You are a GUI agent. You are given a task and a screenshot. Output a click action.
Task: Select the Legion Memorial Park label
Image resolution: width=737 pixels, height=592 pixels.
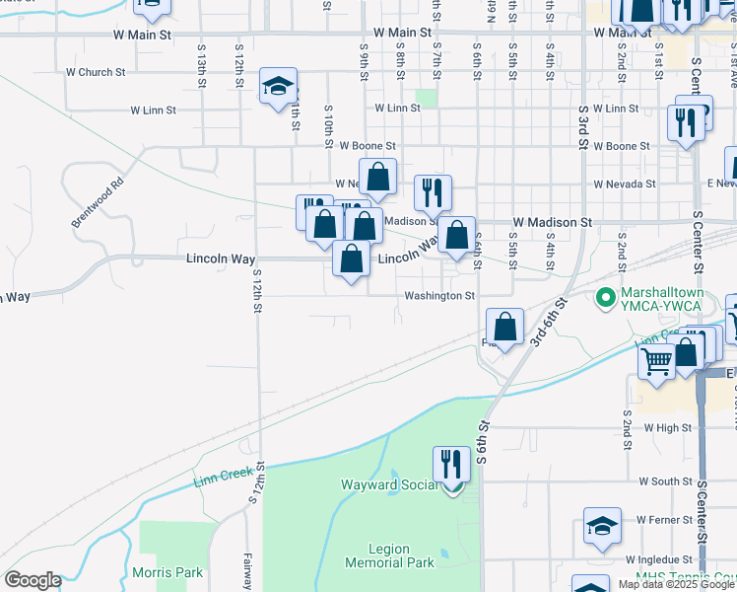[x=390, y=555]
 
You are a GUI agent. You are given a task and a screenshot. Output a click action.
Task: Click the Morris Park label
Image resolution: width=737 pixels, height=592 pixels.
[x=167, y=572]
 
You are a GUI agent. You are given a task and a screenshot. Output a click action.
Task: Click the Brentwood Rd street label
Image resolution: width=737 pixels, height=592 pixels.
[x=98, y=202]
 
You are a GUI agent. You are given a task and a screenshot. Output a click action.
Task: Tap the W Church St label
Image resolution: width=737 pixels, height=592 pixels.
[x=96, y=72]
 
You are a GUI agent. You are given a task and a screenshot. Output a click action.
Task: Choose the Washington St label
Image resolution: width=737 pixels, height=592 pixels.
[x=438, y=296]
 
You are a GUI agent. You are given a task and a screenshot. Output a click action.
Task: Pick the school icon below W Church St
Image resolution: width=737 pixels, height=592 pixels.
[x=278, y=86]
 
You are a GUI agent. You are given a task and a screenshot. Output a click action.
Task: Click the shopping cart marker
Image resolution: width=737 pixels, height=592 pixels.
[x=656, y=361]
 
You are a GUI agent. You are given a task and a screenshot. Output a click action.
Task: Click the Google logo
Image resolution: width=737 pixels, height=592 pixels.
[x=33, y=580]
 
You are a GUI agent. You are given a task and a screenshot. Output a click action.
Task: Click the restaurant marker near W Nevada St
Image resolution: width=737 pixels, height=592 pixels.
[x=433, y=193]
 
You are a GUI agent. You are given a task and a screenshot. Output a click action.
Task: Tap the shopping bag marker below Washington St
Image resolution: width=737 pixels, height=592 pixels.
[x=504, y=328]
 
